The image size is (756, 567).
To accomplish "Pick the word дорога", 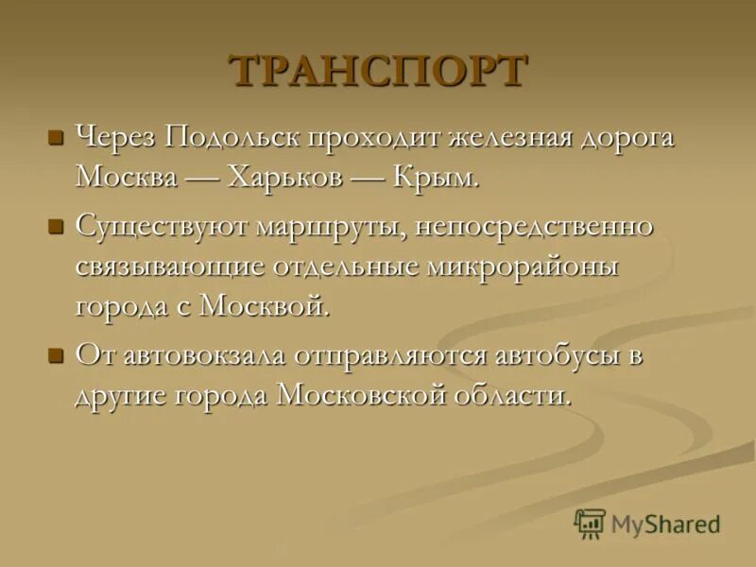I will (627, 138).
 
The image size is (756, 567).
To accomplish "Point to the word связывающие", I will (170, 266).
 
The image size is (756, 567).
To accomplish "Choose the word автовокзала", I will (221, 356).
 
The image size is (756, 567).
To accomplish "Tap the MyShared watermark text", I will (665, 524).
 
